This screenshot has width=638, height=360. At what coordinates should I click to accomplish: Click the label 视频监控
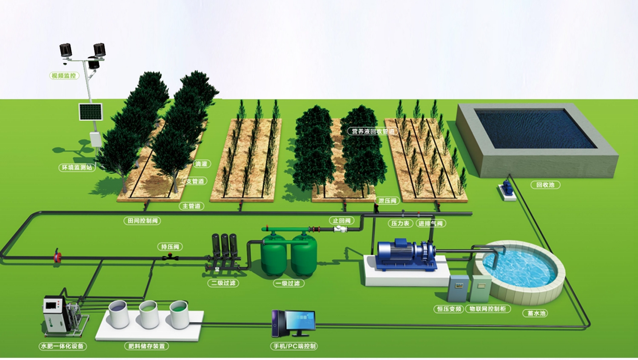pyautogui.click(x=64, y=76)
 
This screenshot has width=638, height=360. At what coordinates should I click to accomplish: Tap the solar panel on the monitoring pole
pyautogui.click(x=91, y=112)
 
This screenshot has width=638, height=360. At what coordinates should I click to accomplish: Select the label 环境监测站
pyautogui.click(x=77, y=167)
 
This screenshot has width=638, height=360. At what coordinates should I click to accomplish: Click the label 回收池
pyautogui.click(x=545, y=185)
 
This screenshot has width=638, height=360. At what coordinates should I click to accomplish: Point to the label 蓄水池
pyautogui.click(x=536, y=313)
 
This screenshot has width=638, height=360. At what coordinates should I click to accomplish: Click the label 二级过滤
pyautogui.click(x=223, y=283)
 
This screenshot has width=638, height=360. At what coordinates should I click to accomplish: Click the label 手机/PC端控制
pyautogui.click(x=294, y=346)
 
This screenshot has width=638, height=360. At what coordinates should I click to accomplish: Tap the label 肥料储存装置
pyautogui.click(x=147, y=346)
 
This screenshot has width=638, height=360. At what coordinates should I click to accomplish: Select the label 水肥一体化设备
pyautogui.click(x=63, y=346)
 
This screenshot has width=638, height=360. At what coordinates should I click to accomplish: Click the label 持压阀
pyautogui.click(x=170, y=247)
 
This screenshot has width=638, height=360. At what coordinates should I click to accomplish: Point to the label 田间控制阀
pyautogui.click(x=143, y=220)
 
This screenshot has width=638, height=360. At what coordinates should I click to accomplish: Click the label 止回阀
pyautogui.click(x=342, y=220)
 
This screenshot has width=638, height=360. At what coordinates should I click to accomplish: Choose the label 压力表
pyautogui.click(x=400, y=223)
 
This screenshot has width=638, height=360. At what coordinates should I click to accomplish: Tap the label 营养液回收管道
pyautogui.click(x=373, y=131)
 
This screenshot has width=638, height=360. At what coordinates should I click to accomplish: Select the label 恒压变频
pyautogui.click(x=449, y=309)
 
